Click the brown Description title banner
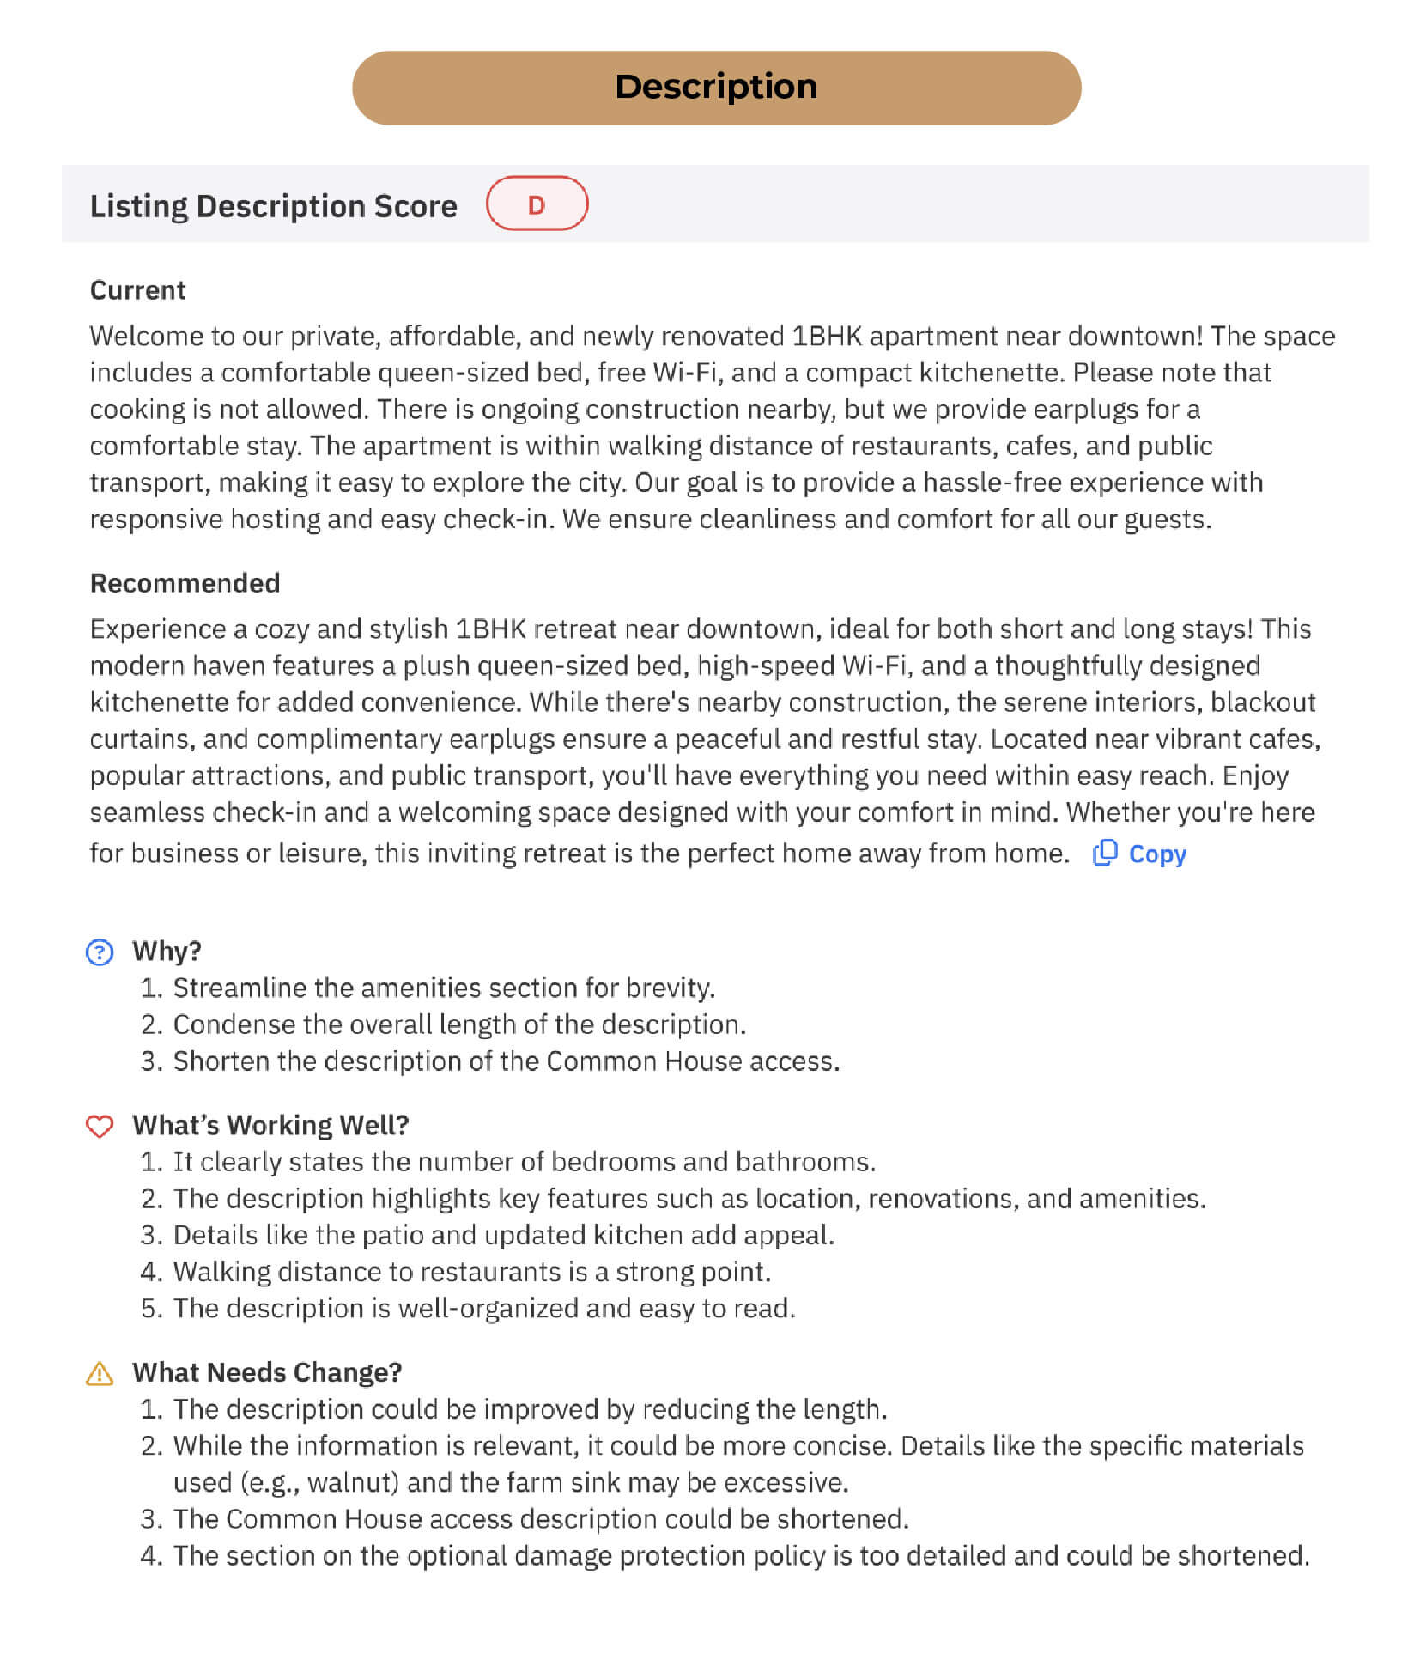(716, 88)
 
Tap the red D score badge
(537, 204)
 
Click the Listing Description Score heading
(273, 206)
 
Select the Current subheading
(137, 290)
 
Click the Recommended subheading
(185, 583)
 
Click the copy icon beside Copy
(1105, 853)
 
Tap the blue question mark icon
(100, 952)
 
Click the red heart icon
(100, 1126)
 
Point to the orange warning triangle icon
(100, 1373)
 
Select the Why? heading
(167, 952)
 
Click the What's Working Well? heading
(270, 1125)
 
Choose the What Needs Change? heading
(267, 1372)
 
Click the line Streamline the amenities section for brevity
(444, 988)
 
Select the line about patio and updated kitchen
(503, 1236)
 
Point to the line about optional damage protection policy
(741, 1556)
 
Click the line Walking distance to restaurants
(471, 1272)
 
